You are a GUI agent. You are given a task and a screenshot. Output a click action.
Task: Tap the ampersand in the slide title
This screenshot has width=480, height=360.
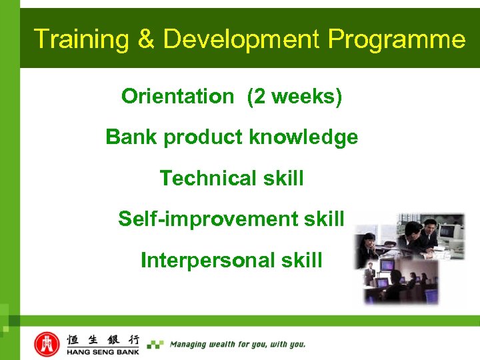coord(146,39)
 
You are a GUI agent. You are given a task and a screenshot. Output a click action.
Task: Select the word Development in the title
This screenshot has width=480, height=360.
coord(241,39)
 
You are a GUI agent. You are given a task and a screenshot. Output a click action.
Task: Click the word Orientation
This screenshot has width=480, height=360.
coord(177,97)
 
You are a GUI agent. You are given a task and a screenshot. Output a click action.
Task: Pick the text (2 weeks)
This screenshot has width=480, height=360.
coord(294,97)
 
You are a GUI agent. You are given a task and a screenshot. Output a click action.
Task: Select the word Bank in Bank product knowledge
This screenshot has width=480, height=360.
coord(131,137)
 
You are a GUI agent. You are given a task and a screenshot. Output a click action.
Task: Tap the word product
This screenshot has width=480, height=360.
coord(203,138)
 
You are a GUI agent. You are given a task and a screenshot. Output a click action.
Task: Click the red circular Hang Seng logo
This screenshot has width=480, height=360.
coord(47,343)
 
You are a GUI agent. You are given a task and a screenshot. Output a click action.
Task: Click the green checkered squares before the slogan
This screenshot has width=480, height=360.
coord(155,345)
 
